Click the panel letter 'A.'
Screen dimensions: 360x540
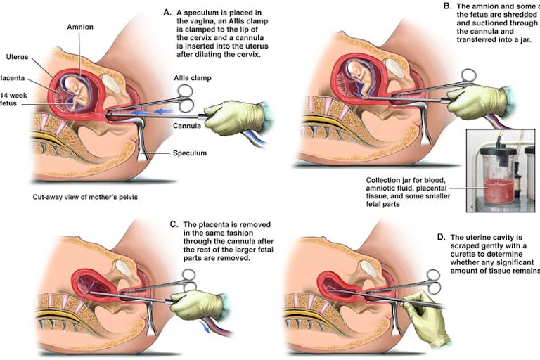tap(167, 13)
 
